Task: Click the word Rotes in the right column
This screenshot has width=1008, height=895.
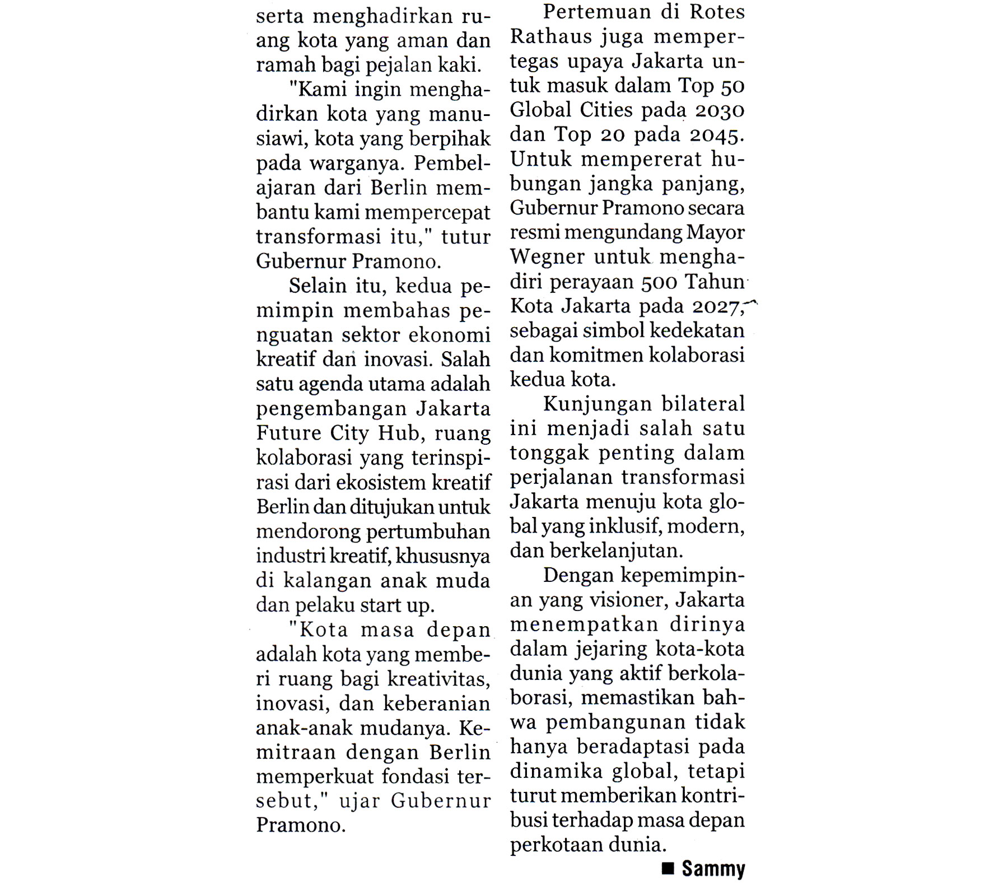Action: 716,12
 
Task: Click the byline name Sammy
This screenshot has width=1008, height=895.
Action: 713,869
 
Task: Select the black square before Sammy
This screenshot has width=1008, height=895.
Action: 668,869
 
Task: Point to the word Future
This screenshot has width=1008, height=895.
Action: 288,433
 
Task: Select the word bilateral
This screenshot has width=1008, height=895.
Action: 703,404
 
